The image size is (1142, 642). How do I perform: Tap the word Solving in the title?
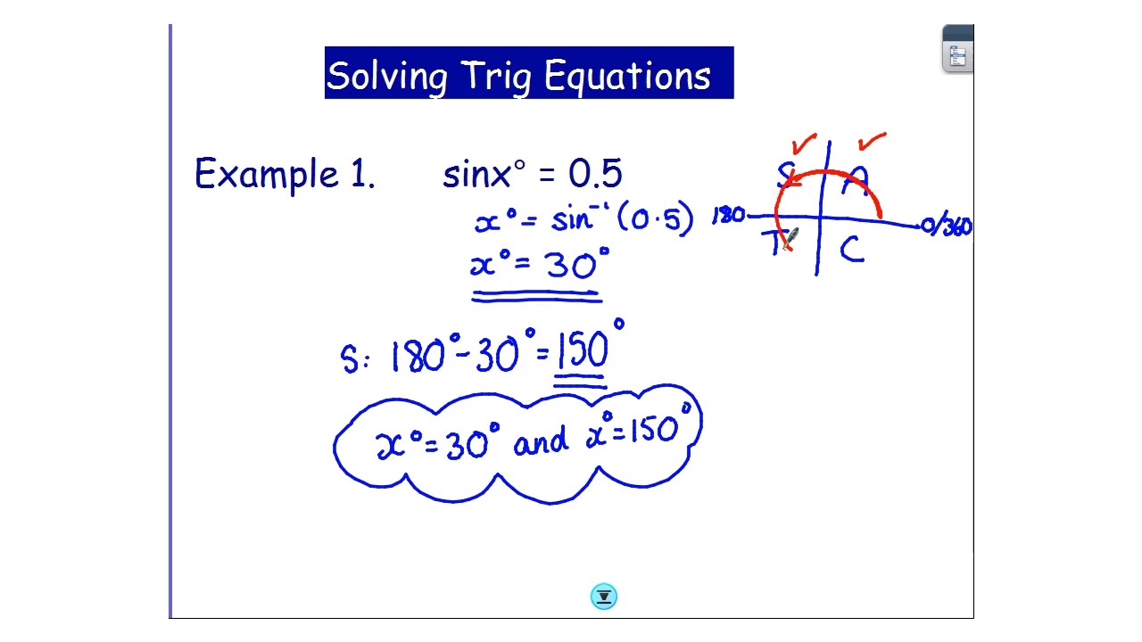point(386,77)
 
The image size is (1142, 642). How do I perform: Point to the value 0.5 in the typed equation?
point(595,174)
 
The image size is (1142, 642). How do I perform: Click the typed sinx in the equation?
point(476,175)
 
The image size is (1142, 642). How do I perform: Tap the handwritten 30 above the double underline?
point(571,265)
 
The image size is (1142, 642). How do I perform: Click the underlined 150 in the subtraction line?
point(584,351)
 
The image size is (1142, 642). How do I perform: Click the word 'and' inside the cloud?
point(541,440)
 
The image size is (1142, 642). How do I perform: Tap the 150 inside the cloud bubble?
point(655,432)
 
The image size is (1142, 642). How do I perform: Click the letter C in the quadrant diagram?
point(851,251)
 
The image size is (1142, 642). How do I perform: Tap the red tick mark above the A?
point(872,141)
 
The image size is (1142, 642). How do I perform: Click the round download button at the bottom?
point(604,597)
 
